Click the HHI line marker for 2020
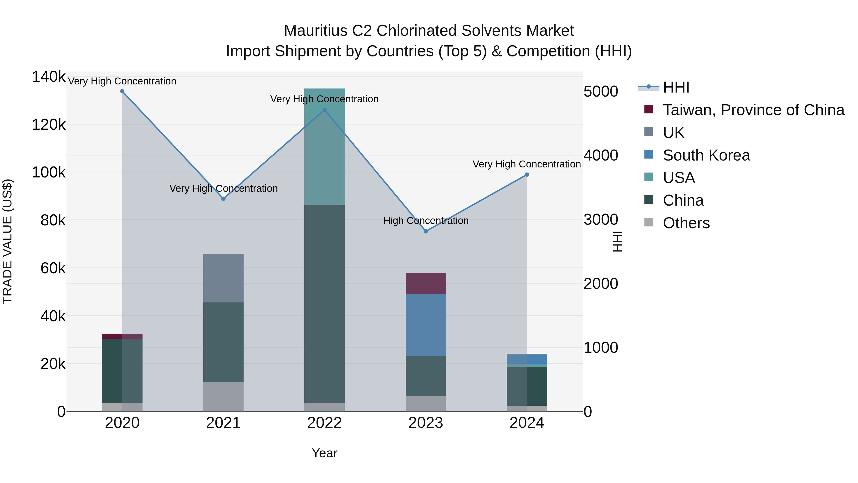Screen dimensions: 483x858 click(x=122, y=91)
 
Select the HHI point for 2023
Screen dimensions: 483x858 click(x=426, y=231)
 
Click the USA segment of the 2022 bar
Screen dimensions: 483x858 click(x=324, y=147)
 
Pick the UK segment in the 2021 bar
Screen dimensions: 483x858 click(x=223, y=278)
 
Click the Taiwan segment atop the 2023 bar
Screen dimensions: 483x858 click(x=426, y=283)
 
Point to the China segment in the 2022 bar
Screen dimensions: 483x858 click(x=324, y=303)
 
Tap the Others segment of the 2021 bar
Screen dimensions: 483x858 click(x=223, y=397)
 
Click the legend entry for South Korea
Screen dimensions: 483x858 click(x=706, y=155)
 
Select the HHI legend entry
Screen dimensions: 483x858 click(x=676, y=87)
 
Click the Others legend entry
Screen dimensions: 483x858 click(x=686, y=223)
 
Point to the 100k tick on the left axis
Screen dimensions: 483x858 click(x=49, y=173)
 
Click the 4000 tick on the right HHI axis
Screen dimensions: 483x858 click(x=601, y=155)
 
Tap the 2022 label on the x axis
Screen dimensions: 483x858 click(x=324, y=423)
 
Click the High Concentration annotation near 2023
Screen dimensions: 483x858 click(x=426, y=221)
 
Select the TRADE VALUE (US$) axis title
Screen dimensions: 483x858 click(x=7, y=241)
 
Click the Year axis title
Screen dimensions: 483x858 click(x=324, y=453)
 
